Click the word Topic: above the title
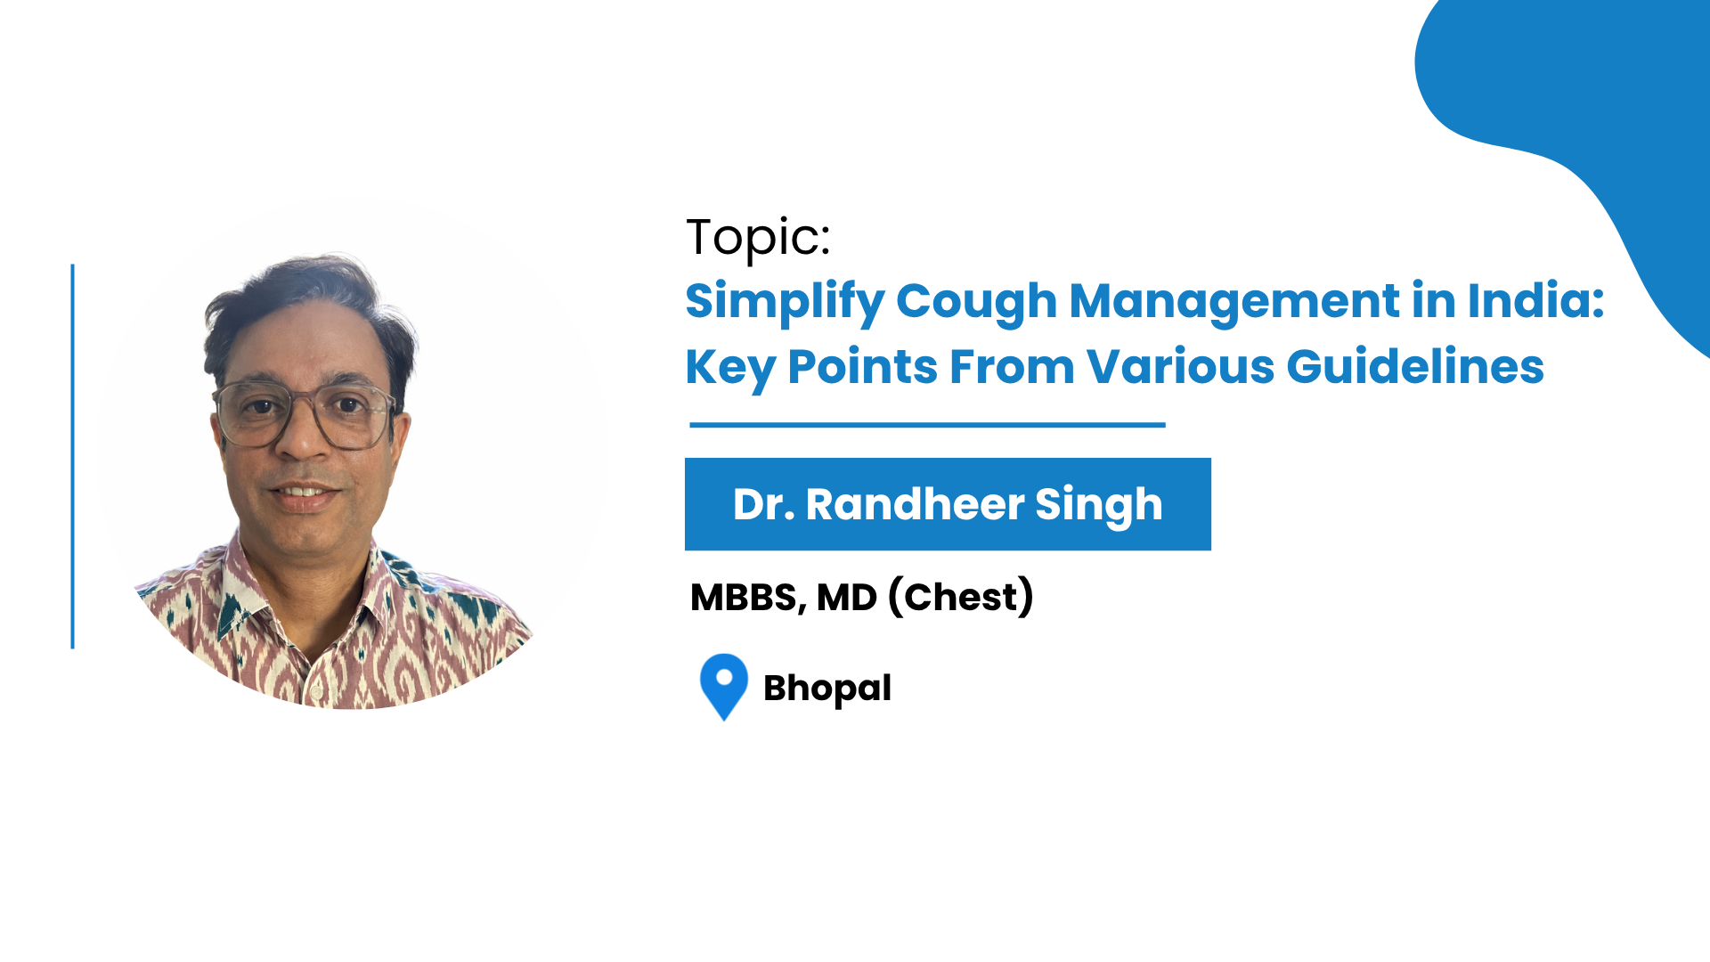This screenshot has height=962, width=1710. [758, 239]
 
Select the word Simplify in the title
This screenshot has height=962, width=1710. [784, 302]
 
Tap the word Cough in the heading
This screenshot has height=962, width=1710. [976, 302]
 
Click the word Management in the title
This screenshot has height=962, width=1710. [1234, 302]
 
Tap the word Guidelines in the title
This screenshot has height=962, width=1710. [1415, 367]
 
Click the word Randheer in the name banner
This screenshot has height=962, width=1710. [915, 504]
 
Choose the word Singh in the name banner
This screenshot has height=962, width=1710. [1099, 506]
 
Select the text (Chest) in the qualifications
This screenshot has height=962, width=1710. [961, 597]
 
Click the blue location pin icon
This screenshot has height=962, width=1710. [724, 687]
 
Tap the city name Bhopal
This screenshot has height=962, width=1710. [827, 689]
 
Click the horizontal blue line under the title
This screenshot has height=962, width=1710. [927, 425]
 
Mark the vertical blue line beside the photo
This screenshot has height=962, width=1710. [73, 456]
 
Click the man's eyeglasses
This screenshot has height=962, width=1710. [305, 415]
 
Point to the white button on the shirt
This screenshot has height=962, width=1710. [314, 692]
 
